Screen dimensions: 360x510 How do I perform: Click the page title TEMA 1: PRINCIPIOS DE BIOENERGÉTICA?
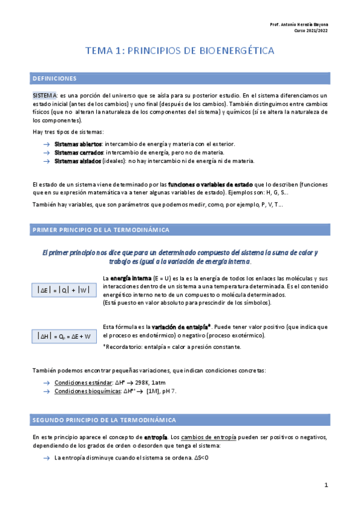click(x=180, y=51)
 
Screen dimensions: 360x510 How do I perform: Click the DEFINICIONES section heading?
click(x=54, y=79)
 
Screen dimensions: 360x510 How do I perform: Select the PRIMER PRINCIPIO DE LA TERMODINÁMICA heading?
click(x=100, y=230)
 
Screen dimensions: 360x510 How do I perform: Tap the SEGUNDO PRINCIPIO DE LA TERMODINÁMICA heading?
click(x=104, y=419)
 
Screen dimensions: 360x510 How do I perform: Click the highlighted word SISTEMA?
click(x=44, y=96)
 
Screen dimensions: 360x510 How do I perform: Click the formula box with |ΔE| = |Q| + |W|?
click(x=63, y=290)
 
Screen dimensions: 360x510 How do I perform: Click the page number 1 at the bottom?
click(x=326, y=485)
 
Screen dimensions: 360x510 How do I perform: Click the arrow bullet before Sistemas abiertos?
click(x=47, y=144)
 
